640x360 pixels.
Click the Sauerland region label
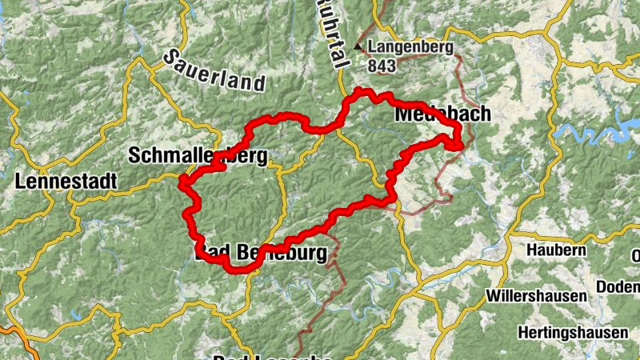click(x=214, y=70)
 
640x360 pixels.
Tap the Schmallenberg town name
click(x=198, y=155)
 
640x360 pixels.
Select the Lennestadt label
click(x=66, y=182)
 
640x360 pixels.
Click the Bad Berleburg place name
click(x=262, y=254)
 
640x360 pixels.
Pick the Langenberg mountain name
click(x=410, y=46)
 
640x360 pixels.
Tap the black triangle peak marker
click(x=358, y=47)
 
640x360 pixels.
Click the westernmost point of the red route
click(x=181, y=185)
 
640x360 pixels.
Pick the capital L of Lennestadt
click(x=21, y=182)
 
